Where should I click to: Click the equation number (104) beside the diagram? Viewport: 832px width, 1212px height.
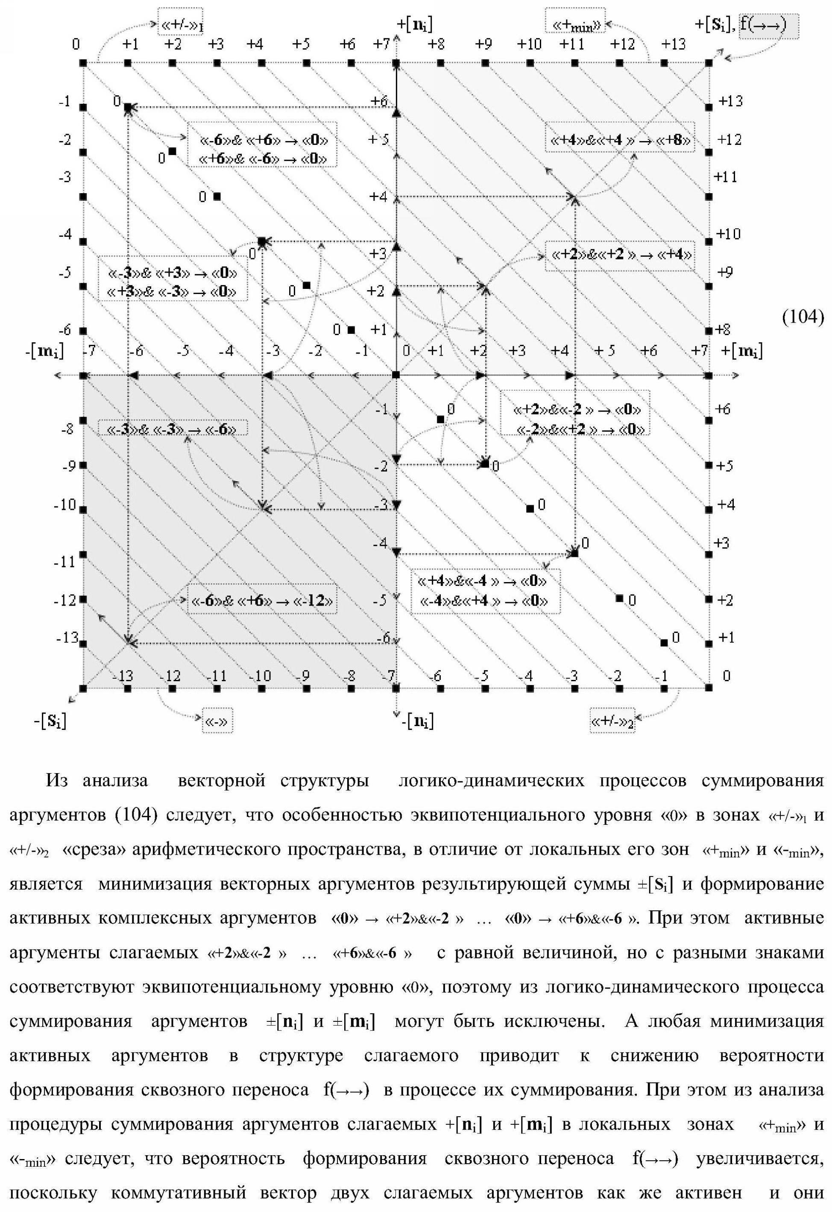[803, 317]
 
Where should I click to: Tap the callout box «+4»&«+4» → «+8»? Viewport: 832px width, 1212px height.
[620, 139]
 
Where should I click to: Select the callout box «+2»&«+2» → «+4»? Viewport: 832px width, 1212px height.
[620, 255]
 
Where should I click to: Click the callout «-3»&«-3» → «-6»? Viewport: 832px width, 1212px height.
[172, 429]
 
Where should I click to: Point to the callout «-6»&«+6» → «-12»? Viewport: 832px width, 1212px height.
[262, 600]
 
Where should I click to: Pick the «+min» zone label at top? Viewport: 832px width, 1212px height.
[575, 24]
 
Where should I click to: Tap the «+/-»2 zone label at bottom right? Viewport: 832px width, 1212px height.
[612, 722]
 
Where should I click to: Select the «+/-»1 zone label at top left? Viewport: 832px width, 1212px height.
[180, 24]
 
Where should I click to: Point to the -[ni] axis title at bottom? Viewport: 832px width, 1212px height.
[417, 722]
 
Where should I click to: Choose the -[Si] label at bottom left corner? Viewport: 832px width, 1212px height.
[50, 722]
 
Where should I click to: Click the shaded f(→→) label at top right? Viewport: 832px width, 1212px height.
[768, 24]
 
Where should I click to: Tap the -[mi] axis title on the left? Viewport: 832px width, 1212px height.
[44, 351]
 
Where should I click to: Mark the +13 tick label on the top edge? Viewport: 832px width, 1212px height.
[673, 44]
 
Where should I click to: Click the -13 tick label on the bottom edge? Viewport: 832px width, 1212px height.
[123, 676]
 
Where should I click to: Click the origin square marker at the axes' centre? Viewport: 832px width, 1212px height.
[396, 375]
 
